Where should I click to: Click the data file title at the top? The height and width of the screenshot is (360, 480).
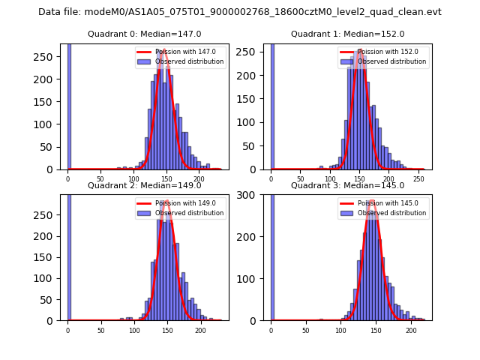240,12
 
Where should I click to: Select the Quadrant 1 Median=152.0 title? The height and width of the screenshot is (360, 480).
347,34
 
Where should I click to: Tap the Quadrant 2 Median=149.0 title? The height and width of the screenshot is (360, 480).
144,185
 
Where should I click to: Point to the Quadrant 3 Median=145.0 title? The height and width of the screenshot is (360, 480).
347,185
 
